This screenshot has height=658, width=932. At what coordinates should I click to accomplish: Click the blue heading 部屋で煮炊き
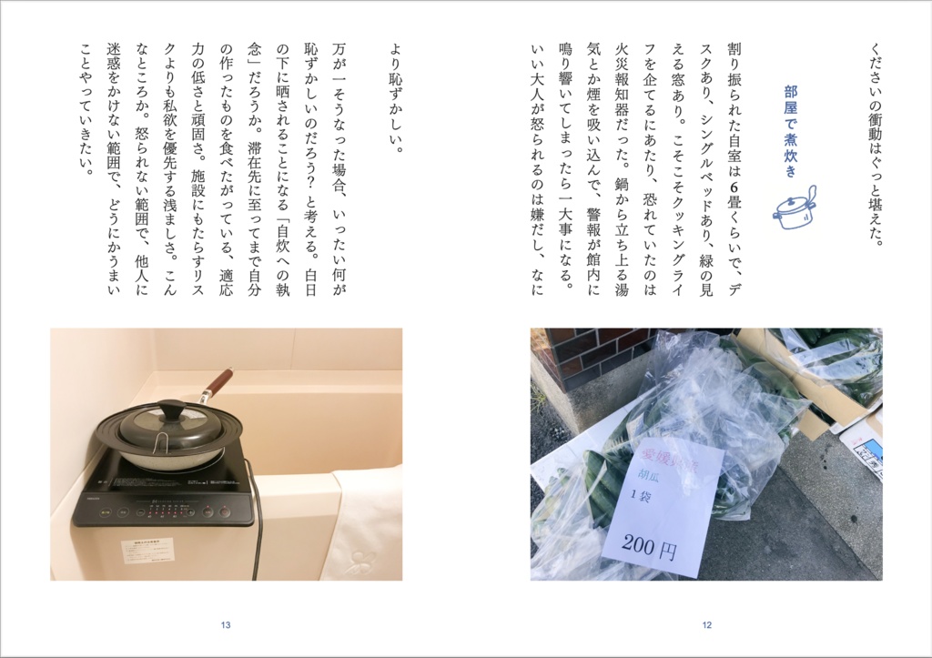click(789, 132)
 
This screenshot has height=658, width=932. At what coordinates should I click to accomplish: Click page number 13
click(226, 624)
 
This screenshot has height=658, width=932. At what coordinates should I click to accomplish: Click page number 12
click(706, 624)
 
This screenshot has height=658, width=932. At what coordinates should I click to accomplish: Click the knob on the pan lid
click(171, 409)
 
